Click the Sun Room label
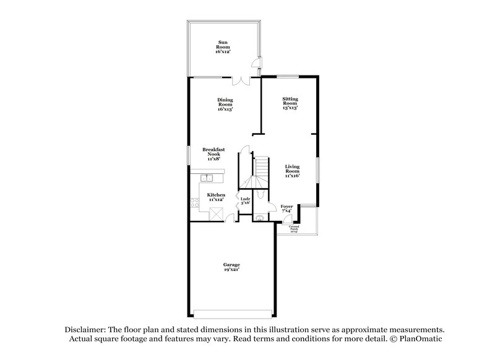click(222, 47)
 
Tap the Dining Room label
click(225, 105)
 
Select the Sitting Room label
click(290, 103)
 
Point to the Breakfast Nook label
click(213, 154)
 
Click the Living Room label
click(293, 171)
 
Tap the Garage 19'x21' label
click(231, 267)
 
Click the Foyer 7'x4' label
click(286, 208)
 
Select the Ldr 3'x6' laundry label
click(245, 200)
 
